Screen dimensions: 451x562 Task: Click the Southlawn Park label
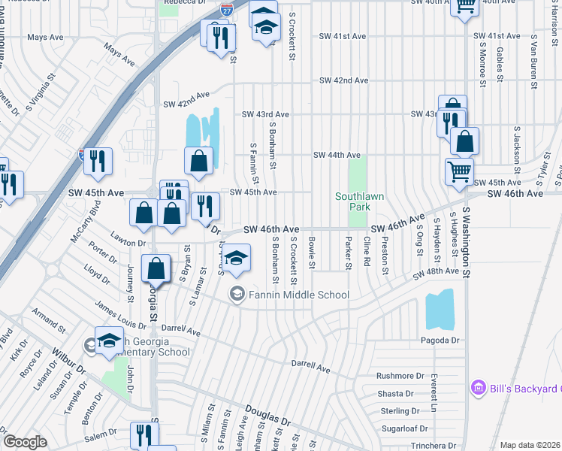point(359,201)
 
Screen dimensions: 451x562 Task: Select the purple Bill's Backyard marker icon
point(476,388)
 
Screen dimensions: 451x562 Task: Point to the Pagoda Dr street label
point(440,341)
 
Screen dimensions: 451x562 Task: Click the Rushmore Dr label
point(395,376)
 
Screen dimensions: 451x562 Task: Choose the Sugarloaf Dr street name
point(400,428)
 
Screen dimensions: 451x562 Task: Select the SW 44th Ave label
point(337,156)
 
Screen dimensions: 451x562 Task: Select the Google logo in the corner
point(25,442)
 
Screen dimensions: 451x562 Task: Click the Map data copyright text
point(530,445)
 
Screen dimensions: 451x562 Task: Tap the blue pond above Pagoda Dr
point(440,310)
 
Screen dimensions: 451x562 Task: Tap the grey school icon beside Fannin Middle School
point(237,294)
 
